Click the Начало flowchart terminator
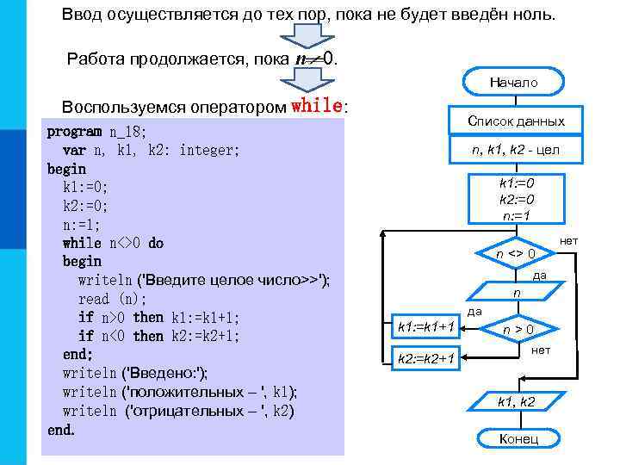pyautogui.click(x=513, y=83)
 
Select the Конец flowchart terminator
pyautogui.click(x=518, y=439)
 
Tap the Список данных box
pyautogui.click(x=516, y=121)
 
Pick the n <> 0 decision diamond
pyautogui.click(x=516, y=254)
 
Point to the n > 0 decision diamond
pyautogui.click(x=518, y=328)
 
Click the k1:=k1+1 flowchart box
pyautogui.click(x=425, y=326)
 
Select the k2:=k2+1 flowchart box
pyautogui.click(x=425, y=357)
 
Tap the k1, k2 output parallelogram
pyautogui.click(x=517, y=401)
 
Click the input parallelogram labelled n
pyautogui.click(x=517, y=294)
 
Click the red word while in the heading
pyautogui.click(x=318, y=107)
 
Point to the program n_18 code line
pyautogui.click(x=96, y=132)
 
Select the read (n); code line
pyautogui.click(x=112, y=299)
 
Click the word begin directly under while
pyautogui.click(x=82, y=261)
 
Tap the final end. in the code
pyautogui.click(x=61, y=429)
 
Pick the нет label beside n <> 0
pyautogui.click(x=569, y=242)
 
